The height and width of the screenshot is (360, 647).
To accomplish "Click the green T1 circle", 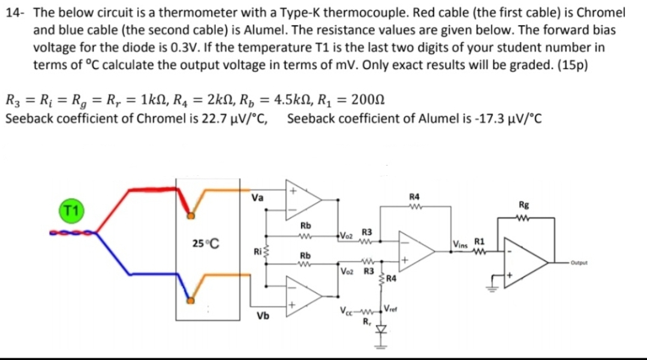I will (x=70, y=211).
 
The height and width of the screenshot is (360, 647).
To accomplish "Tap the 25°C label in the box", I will (x=206, y=244).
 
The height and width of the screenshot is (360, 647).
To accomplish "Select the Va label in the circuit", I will (x=257, y=196).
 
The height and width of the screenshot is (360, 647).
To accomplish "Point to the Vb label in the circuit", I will (x=262, y=316).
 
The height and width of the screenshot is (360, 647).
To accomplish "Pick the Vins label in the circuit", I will (x=461, y=244).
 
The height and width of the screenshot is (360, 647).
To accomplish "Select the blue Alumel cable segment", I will (x=150, y=274).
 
